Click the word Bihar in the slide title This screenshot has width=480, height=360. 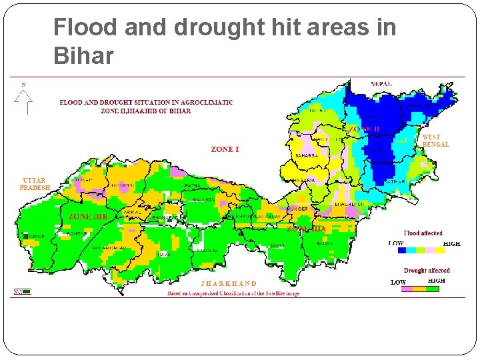point(83,57)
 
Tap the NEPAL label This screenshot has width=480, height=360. point(381,84)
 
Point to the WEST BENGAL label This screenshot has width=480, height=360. point(435,141)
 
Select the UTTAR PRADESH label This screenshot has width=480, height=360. point(35,184)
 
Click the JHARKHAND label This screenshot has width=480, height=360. point(228,283)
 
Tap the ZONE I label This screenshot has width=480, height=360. point(225,150)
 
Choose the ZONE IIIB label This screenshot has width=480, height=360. point(88,217)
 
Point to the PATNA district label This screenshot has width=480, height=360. point(193,185)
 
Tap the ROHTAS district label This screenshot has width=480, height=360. point(77,233)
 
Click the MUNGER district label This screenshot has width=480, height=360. point(298,209)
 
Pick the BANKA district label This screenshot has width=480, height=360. point(325,244)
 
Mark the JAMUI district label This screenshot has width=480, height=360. point(277,246)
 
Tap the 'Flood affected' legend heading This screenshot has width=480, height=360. point(423,233)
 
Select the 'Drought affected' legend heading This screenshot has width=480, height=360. point(427,271)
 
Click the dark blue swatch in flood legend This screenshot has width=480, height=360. point(401,251)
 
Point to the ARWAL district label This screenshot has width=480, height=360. point(132,213)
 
